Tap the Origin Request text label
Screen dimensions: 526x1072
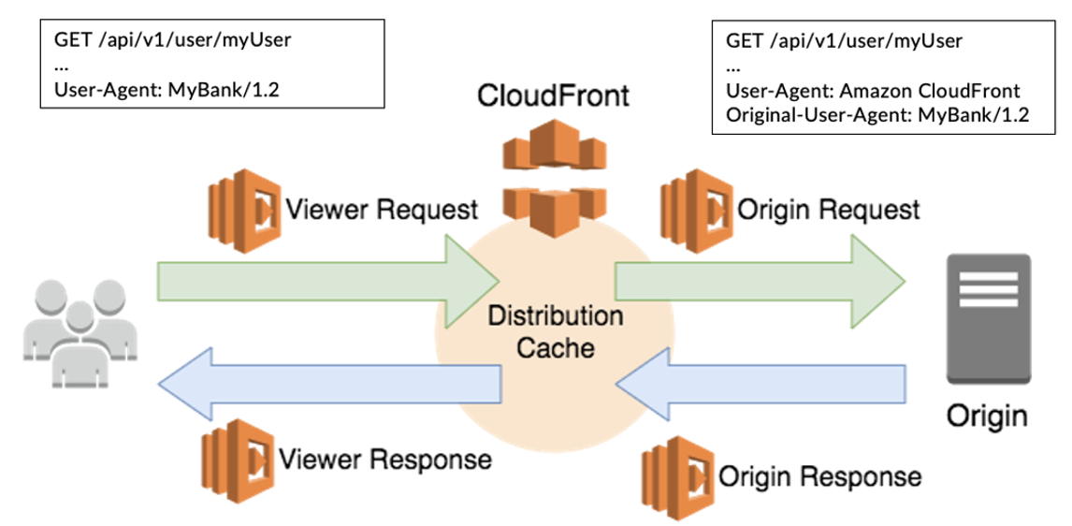click(829, 210)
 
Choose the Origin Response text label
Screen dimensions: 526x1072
click(819, 475)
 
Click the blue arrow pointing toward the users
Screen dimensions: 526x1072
click(327, 386)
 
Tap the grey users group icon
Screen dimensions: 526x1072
click(70, 336)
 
